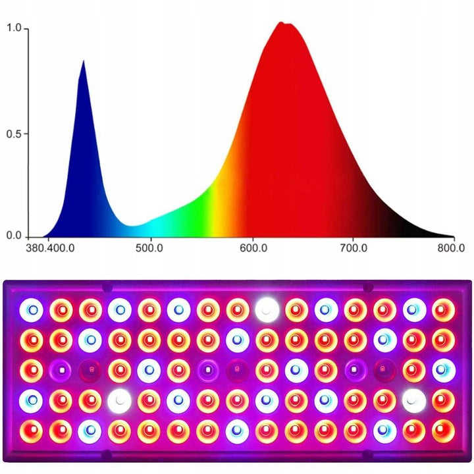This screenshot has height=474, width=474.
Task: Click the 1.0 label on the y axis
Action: (x=14, y=29)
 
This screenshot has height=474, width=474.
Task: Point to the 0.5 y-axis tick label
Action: (x=14, y=134)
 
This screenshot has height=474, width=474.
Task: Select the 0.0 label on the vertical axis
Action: (x=14, y=236)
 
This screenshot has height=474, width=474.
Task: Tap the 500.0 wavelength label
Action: (x=151, y=249)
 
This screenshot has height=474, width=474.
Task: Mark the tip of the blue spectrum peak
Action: (x=83, y=61)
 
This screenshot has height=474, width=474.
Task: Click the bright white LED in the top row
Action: (x=267, y=308)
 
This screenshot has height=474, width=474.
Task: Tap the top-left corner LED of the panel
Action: (x=31, y=308)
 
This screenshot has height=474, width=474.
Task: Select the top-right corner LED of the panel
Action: (x=443, y=308)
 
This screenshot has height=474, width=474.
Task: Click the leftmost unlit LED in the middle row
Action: (x=61, y=369)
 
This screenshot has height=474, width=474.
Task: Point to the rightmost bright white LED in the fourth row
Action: (x=414, y=399)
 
